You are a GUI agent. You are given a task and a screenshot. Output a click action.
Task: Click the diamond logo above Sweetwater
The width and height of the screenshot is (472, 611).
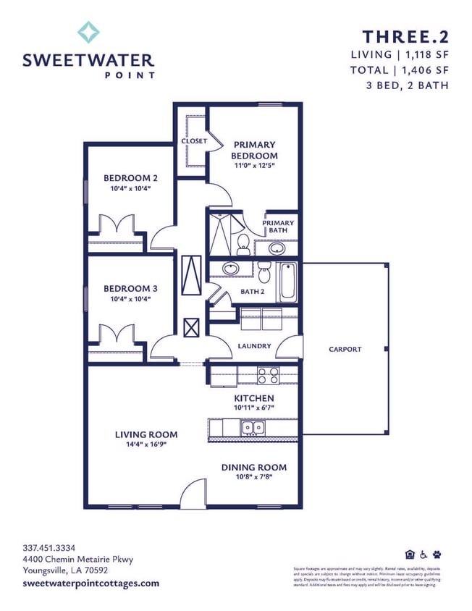pyautogui.click(x=88, y=33)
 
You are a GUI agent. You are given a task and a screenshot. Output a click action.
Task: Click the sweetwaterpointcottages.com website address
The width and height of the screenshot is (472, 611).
pyautogui.click(x=90, y=583)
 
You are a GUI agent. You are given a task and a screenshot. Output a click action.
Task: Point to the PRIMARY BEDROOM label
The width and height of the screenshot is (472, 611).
pyautogui.click(x=254, y=150)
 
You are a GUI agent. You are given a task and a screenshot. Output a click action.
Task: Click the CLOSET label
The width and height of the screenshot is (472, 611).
pyautogui.click(x=194, y=141)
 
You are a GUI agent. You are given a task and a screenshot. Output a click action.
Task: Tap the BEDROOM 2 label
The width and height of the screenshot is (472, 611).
pyautogui.click(x=130, y=178)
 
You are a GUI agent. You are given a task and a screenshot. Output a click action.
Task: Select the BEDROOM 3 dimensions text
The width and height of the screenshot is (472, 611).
pyautogui.click(x=130, y=299)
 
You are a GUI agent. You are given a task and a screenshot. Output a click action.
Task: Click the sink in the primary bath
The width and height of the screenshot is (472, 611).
pyautogui.click(x=277, y=248)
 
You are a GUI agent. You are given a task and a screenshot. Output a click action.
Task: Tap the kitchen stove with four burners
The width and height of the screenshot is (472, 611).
pyautogui.click(x=268, y=375)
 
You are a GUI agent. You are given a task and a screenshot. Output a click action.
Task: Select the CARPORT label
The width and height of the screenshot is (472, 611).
pyautogui.click(x=345, y=349)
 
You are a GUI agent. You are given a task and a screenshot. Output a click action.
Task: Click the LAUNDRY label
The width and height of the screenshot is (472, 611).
pyautogui.click(x=254, y=346)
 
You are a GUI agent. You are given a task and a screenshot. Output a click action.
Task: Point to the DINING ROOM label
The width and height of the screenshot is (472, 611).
pyautogui.click(x=253, y=468)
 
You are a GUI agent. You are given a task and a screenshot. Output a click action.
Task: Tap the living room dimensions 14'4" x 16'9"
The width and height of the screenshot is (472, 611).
pyautogui.click(x=146, y=445)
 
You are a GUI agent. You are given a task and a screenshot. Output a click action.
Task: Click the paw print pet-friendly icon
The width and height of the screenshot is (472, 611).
pyautogui.click(x=437, y=555)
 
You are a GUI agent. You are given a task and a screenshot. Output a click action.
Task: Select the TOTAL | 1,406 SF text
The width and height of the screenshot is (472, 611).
pyautogui.click(x=399, y=70)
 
